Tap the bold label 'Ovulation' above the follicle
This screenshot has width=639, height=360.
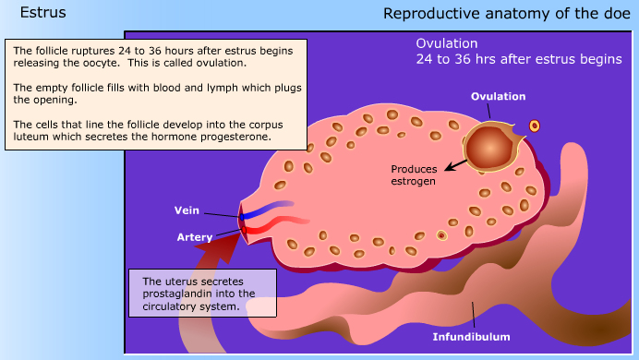tap(498, 96)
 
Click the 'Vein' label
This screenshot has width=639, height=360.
tap(187, 210)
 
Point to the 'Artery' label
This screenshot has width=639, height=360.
tap(195, 237)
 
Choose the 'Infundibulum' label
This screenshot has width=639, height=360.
tap(471, 337)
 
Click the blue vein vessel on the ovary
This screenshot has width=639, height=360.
tap(269, 208)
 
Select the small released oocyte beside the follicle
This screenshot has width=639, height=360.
tap(534, 126)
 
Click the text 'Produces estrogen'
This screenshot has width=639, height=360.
tap(413, 174)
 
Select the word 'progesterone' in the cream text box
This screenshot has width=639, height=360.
tap(240, 136)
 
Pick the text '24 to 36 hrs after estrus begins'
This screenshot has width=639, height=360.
tap(518, 60)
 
